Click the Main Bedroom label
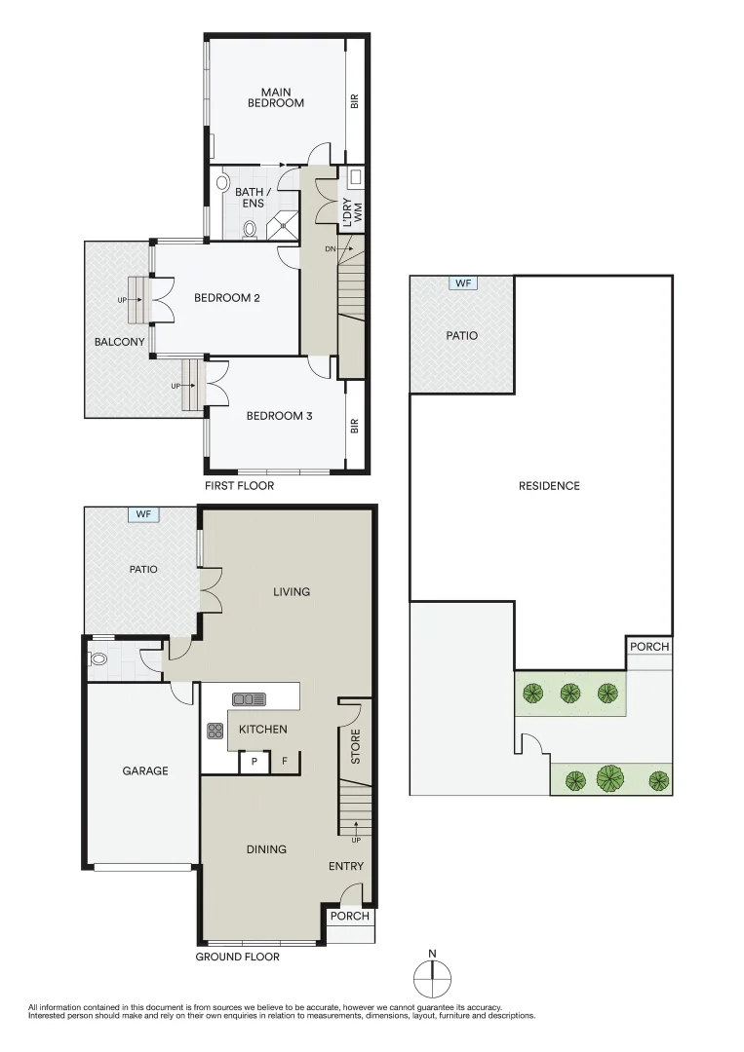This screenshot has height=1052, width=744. tap(276, 97)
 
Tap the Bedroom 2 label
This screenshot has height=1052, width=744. tap(227, 298)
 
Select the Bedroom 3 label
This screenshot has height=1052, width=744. tap(279, 416)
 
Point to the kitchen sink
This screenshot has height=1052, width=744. tap(249, 699)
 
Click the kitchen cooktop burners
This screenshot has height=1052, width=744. tap(215, 731)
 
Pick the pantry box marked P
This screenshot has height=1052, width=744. tap(255, 762)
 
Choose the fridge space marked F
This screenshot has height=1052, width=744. tap(285, 762)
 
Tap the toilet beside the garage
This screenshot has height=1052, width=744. tap(98, 658)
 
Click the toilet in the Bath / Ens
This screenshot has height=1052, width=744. tap(250, 229)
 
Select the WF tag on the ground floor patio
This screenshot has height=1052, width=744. tap(143, 514)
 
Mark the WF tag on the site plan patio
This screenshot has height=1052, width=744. tap(463, 283)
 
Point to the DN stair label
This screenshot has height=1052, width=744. tap(331, 249)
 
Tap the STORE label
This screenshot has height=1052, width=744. tap(356, 746)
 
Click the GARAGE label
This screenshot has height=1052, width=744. tap(145, 770)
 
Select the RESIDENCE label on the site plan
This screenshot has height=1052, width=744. tap(549, 486)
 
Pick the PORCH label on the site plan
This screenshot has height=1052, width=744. tap(649, 647)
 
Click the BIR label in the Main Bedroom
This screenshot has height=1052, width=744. tap(355, 101)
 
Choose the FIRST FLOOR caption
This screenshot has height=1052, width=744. tap(240, 486)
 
